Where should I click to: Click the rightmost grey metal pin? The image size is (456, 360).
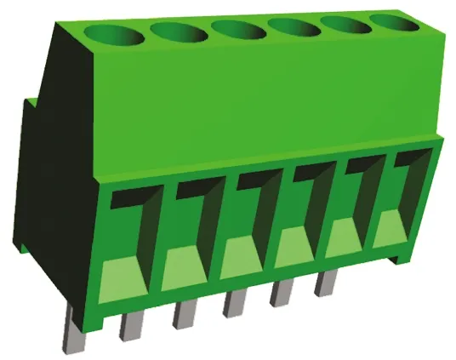326,283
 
